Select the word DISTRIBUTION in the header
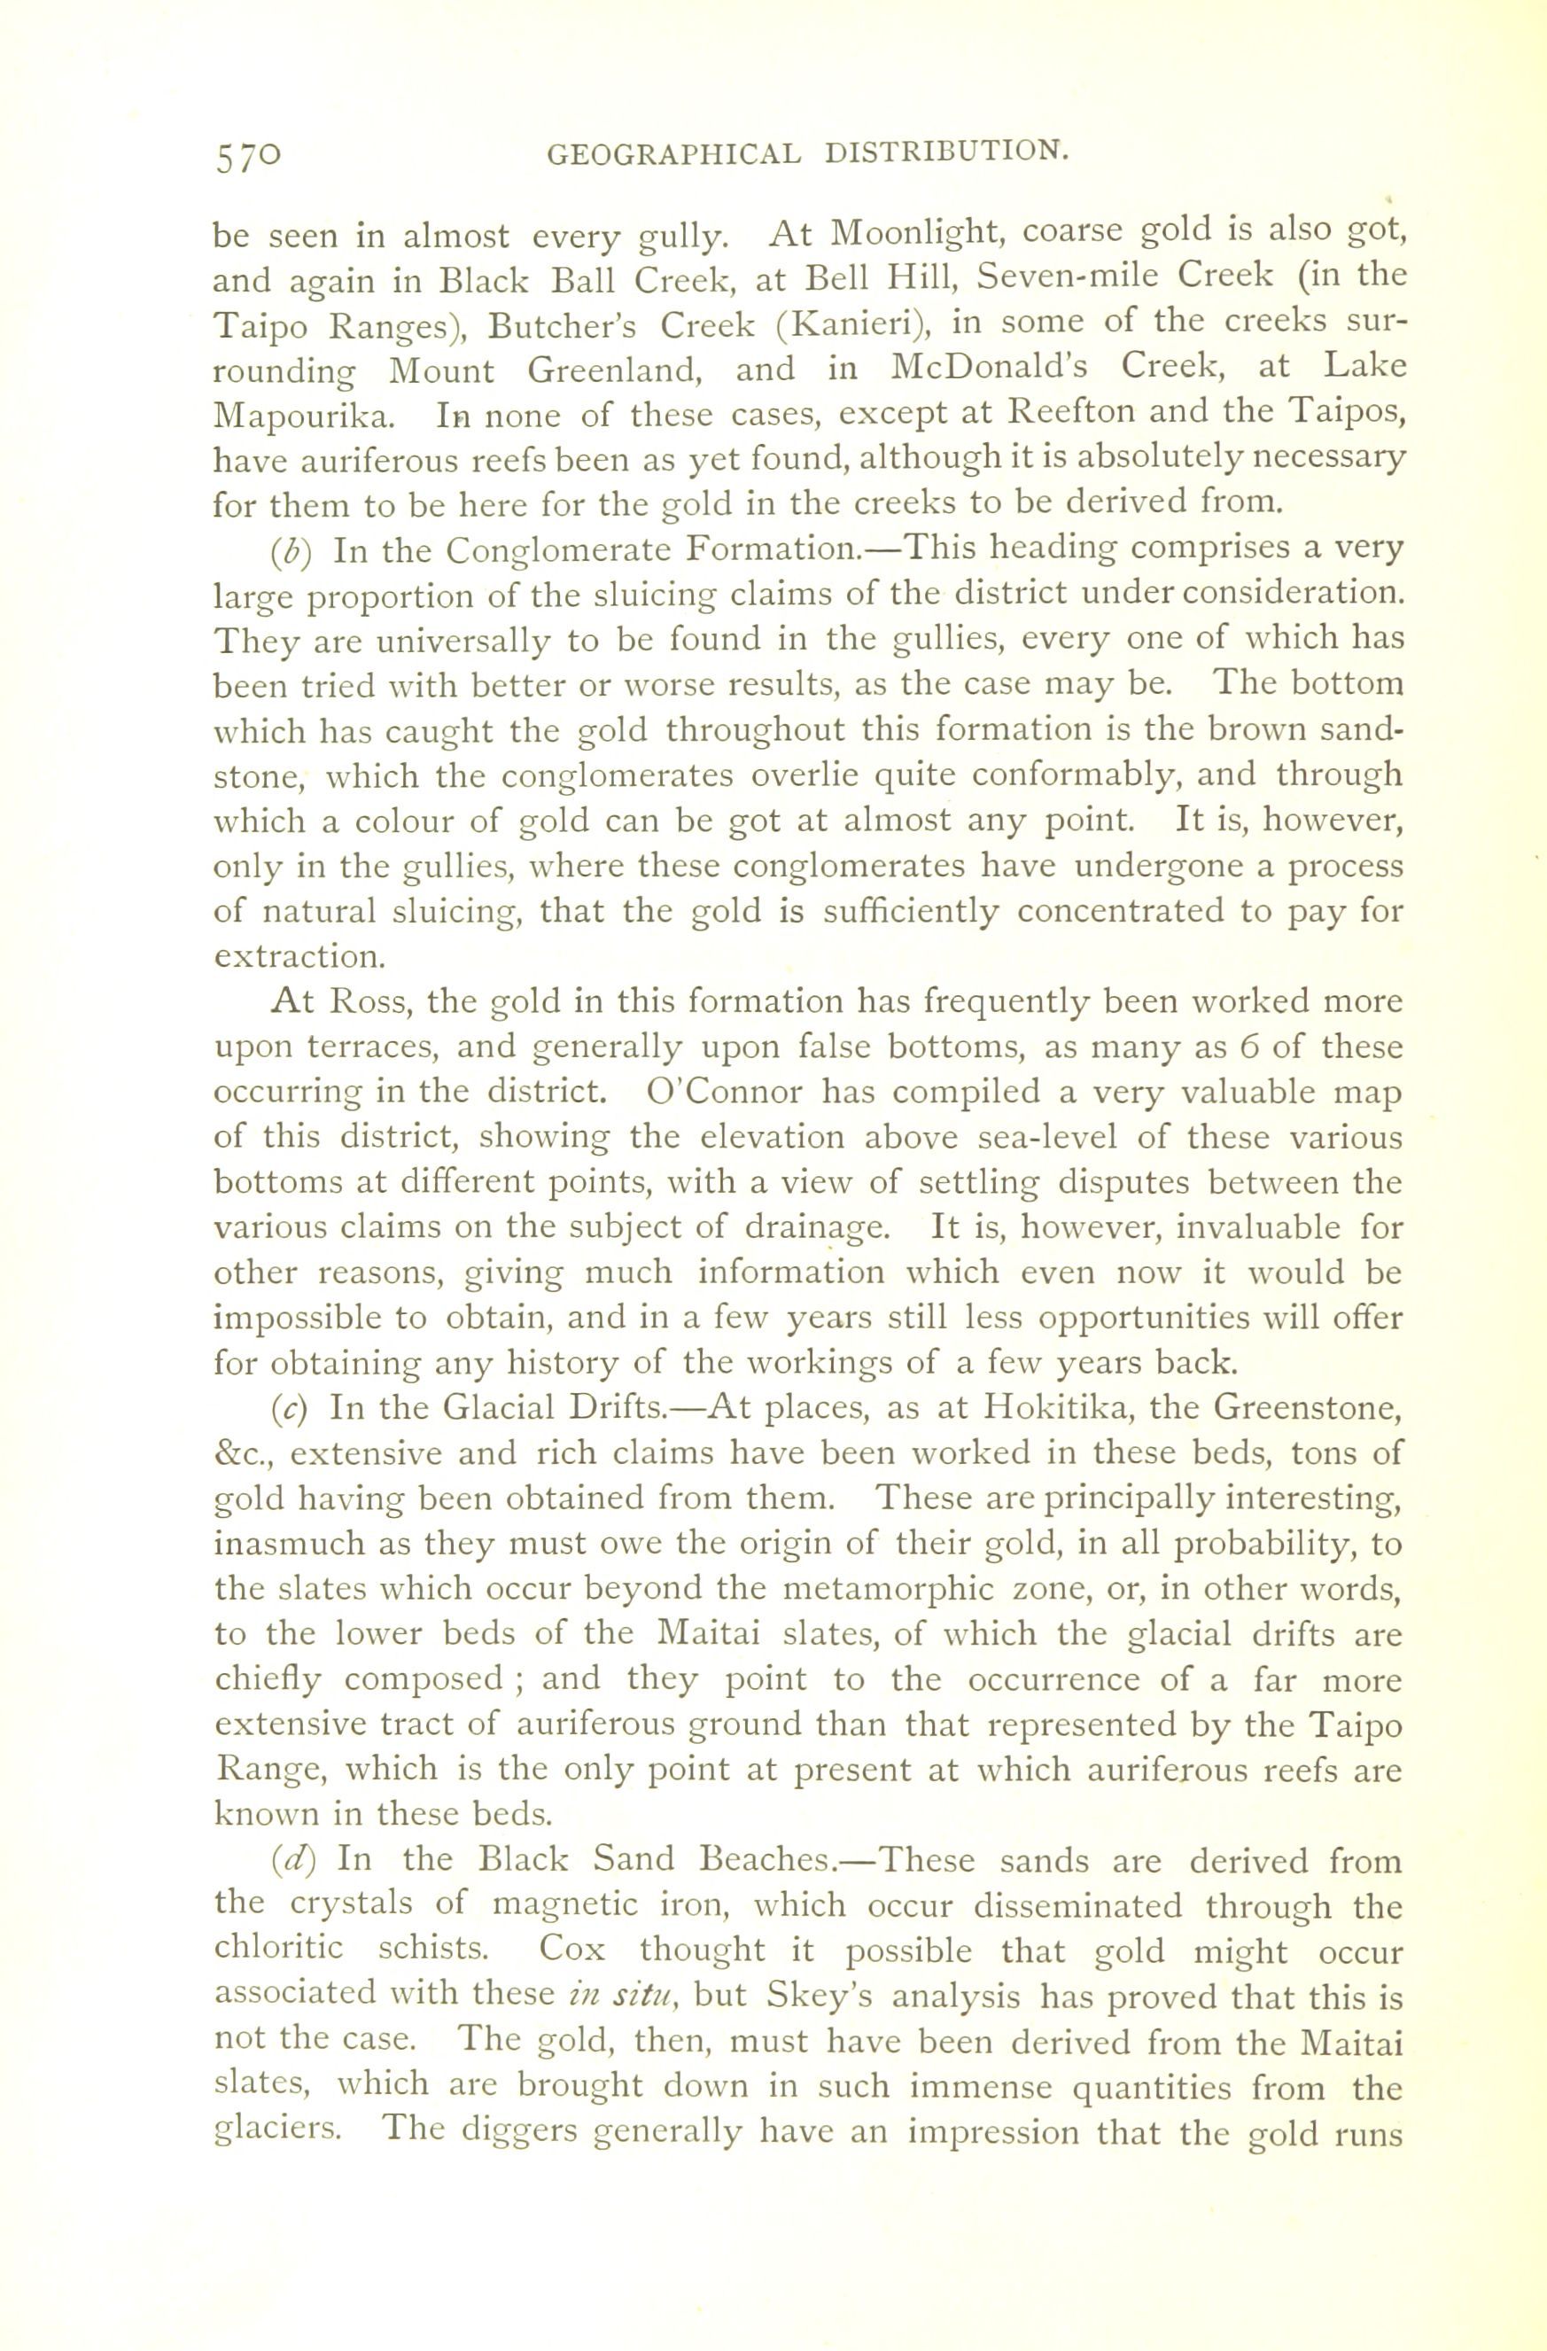pos(946,152)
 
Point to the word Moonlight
pos(913,233)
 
